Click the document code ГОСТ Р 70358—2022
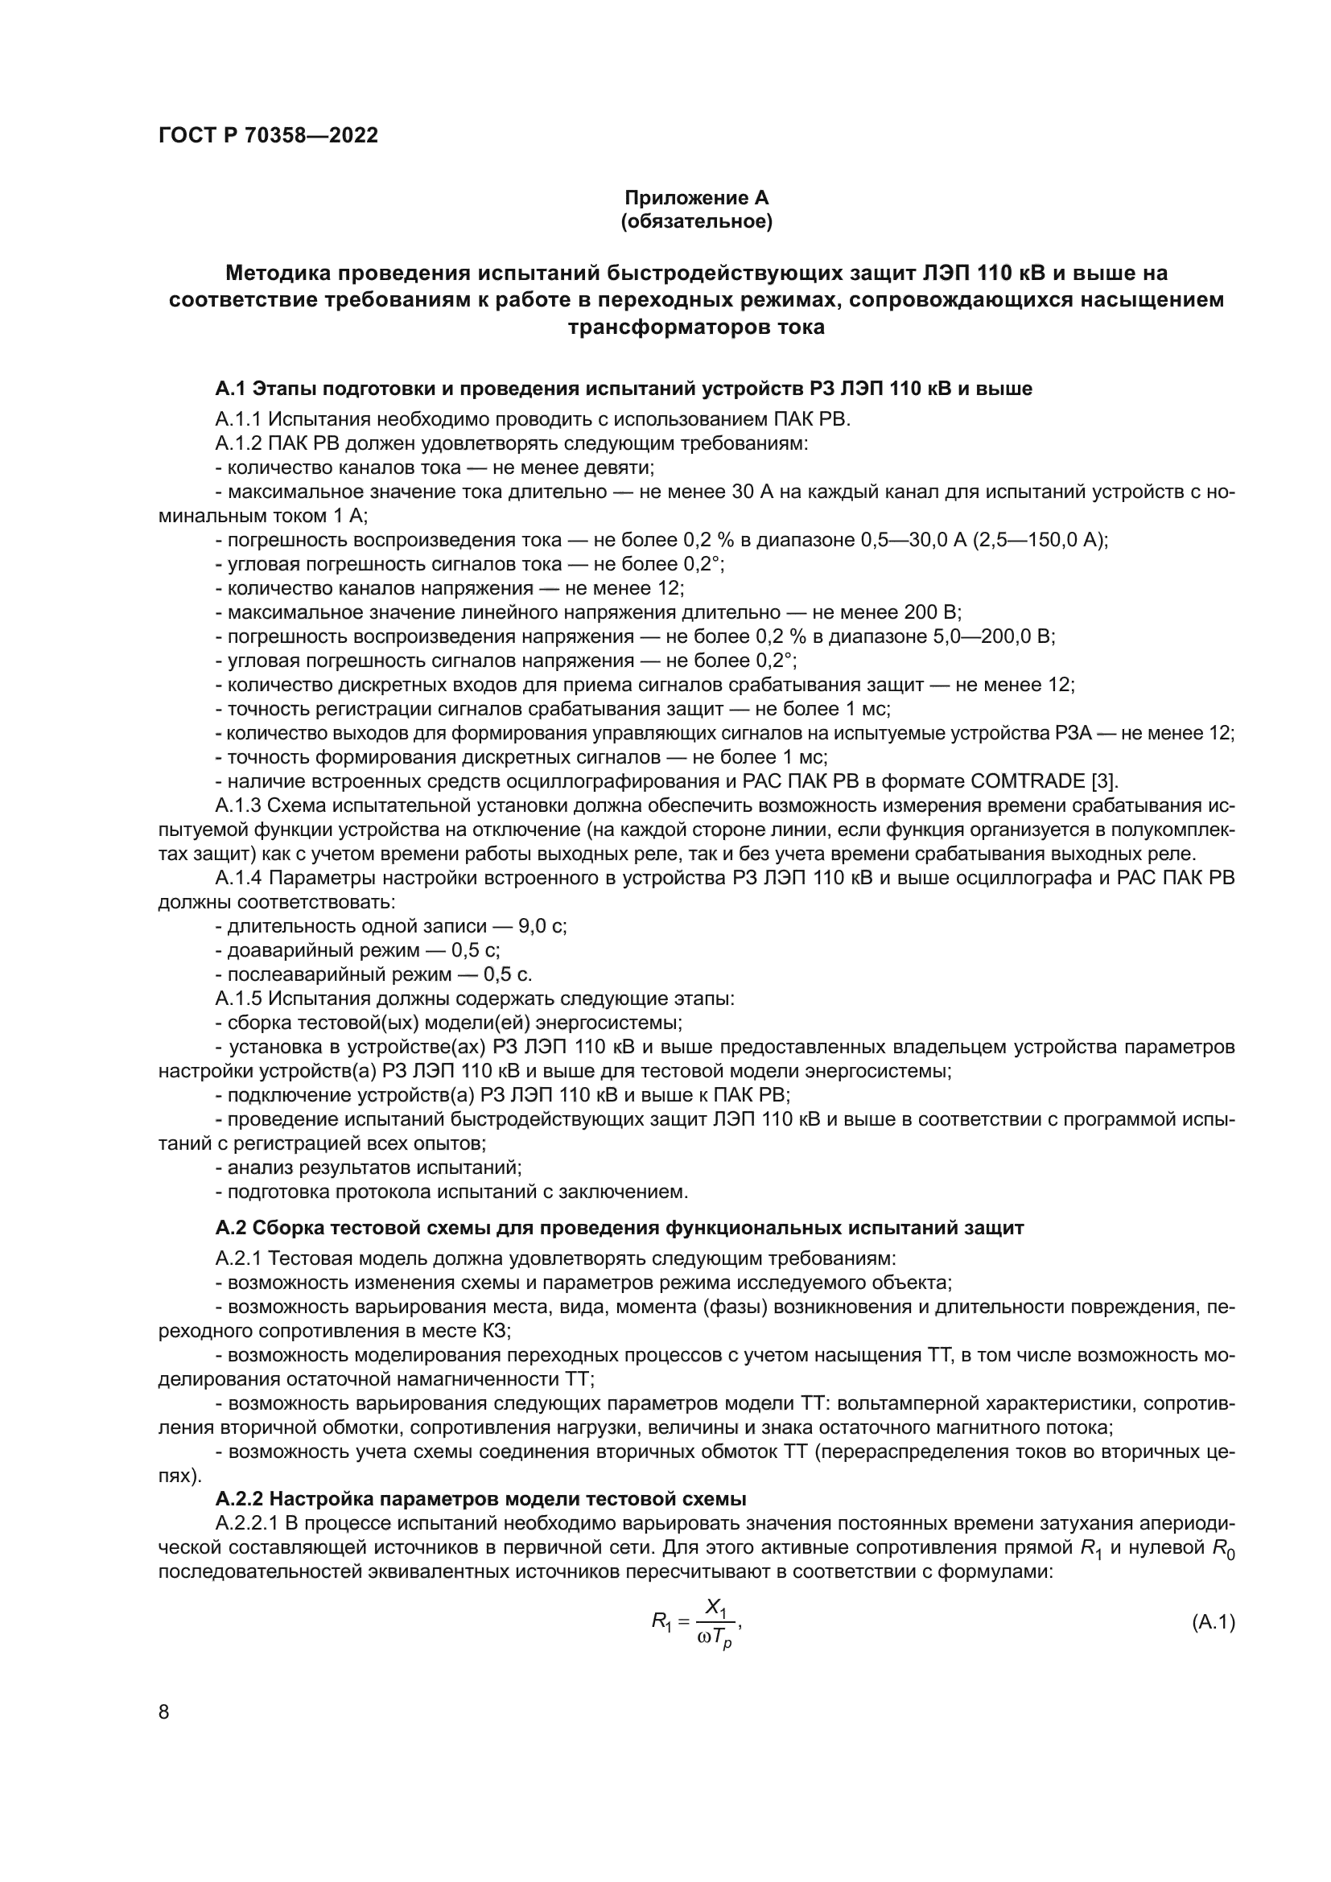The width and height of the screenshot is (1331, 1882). click(x=268, y=135)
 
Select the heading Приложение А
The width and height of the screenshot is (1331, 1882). click(x=697, y=198)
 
